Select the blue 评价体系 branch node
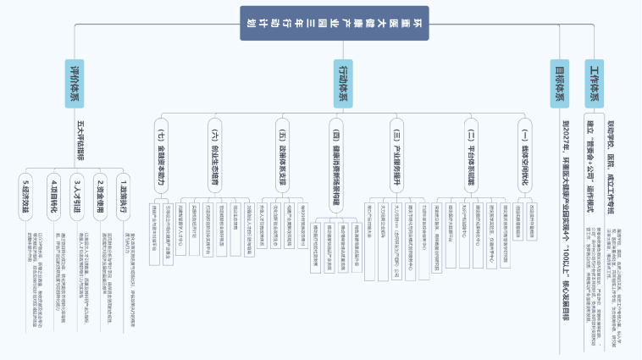75,83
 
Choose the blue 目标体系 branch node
560,83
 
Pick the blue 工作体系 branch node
594,83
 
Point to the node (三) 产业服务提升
396,152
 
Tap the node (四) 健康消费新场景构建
335,161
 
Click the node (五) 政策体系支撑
281,152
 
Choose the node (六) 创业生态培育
213,152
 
